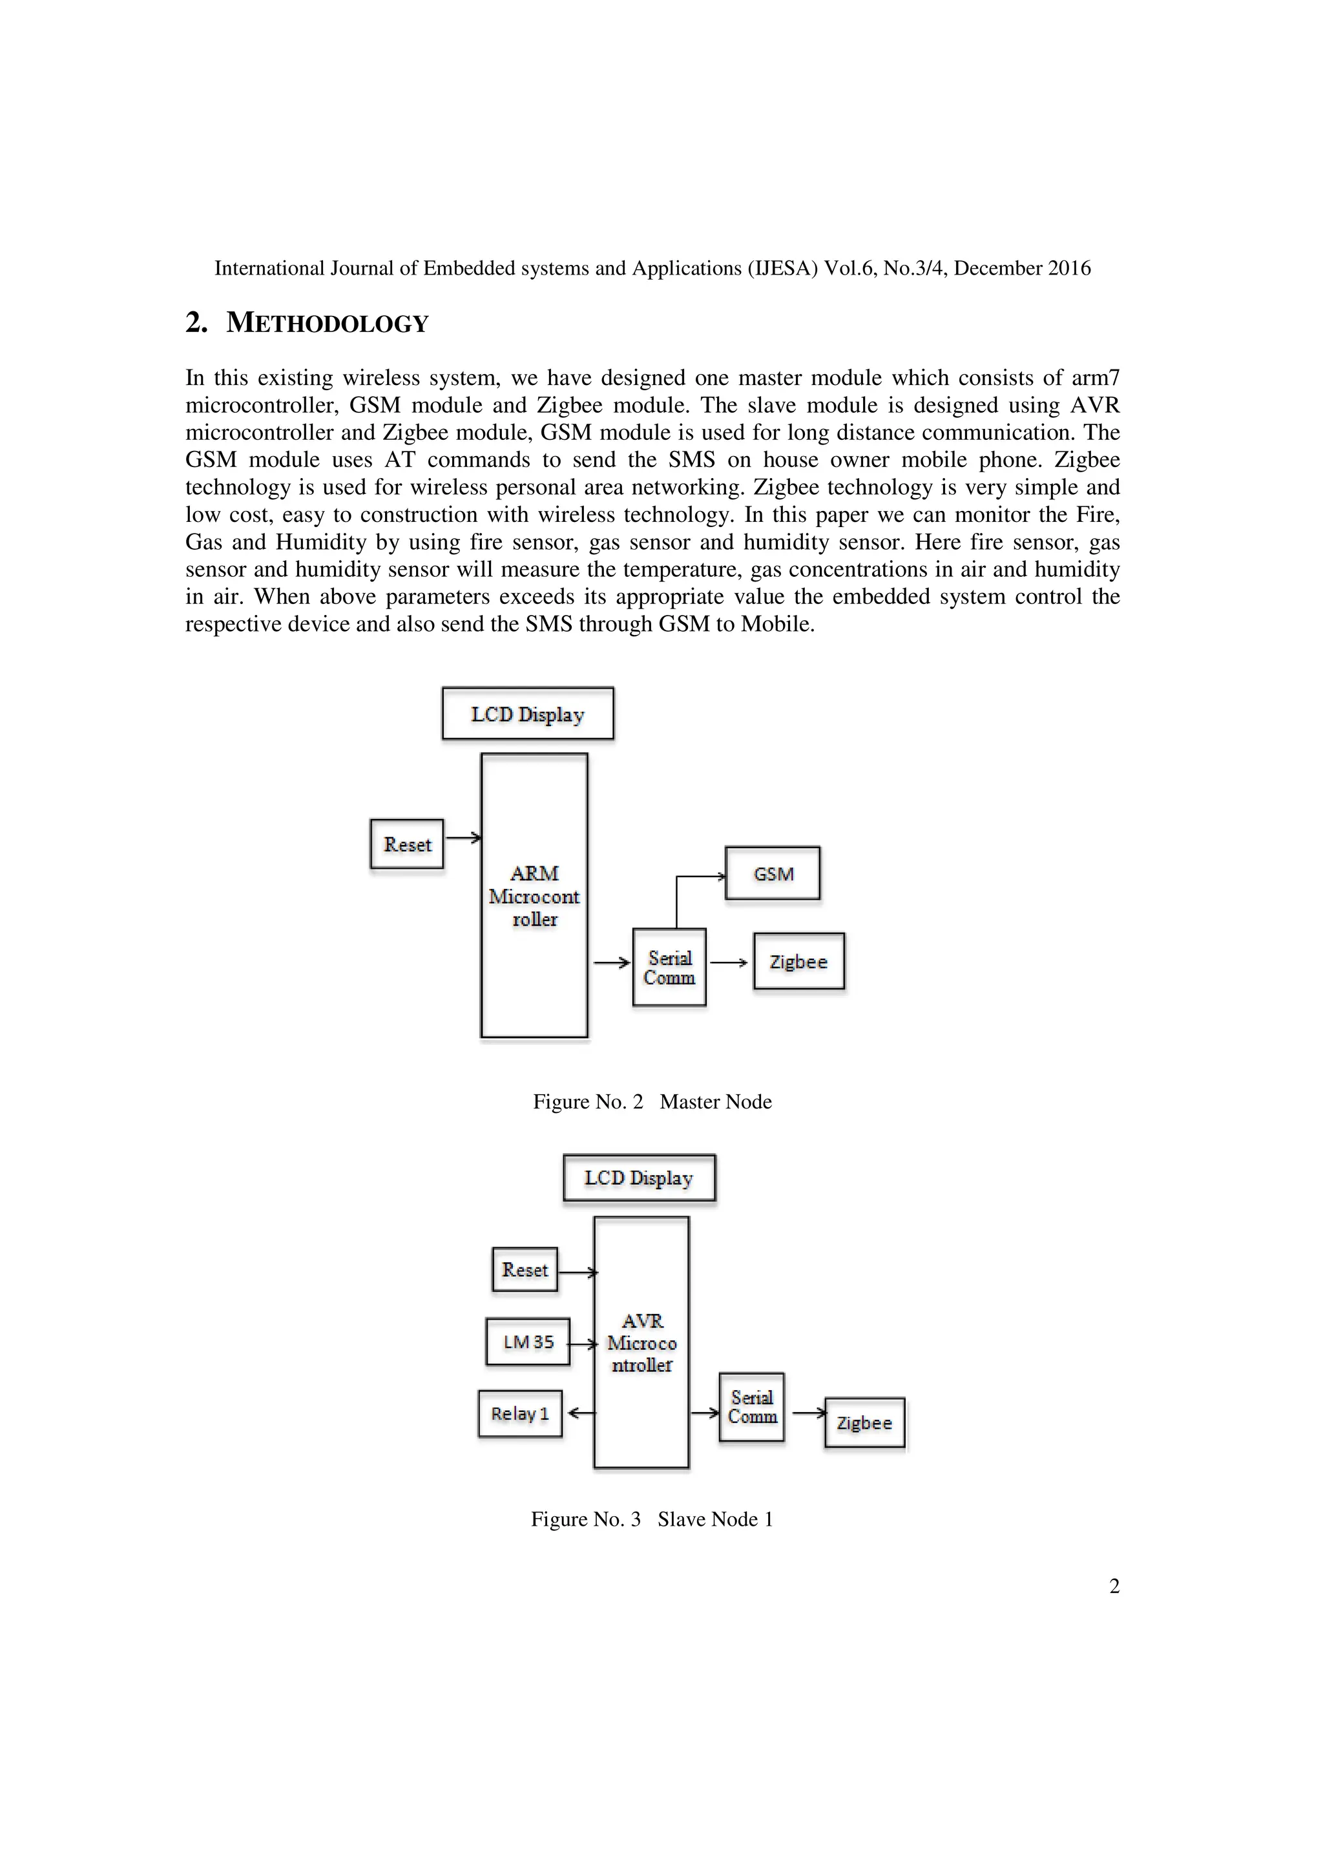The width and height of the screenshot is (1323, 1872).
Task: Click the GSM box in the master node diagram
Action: point(772,873)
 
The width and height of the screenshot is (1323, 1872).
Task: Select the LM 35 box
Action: point(527,1341)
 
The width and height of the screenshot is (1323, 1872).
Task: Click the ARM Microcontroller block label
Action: point(534,896)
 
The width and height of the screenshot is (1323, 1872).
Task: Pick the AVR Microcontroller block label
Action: point(641,1343)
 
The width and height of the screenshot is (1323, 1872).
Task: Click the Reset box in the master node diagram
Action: point(407,844)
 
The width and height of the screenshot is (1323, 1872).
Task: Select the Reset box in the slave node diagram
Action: point(524,1269)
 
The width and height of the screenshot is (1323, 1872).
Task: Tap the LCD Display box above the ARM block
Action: point(527,714)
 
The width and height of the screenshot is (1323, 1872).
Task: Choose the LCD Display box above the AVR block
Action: point(638,1178)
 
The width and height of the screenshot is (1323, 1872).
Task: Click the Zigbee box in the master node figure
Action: point(798,961)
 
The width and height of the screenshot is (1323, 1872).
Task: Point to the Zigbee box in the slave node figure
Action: point(864,1423)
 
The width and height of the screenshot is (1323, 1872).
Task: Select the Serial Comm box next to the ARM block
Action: point(669,967)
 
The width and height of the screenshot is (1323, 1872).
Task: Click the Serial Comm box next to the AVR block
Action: point(751,1408)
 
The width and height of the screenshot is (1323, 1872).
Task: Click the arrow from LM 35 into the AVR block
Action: point(582,1343)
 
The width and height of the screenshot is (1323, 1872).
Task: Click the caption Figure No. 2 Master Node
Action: point(652,1101)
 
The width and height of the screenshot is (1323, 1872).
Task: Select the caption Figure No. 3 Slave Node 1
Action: point(651,1519)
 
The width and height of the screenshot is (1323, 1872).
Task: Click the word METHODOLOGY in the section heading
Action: point(327,323)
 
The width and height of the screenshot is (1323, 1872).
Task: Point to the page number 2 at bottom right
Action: point(1114,1586)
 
